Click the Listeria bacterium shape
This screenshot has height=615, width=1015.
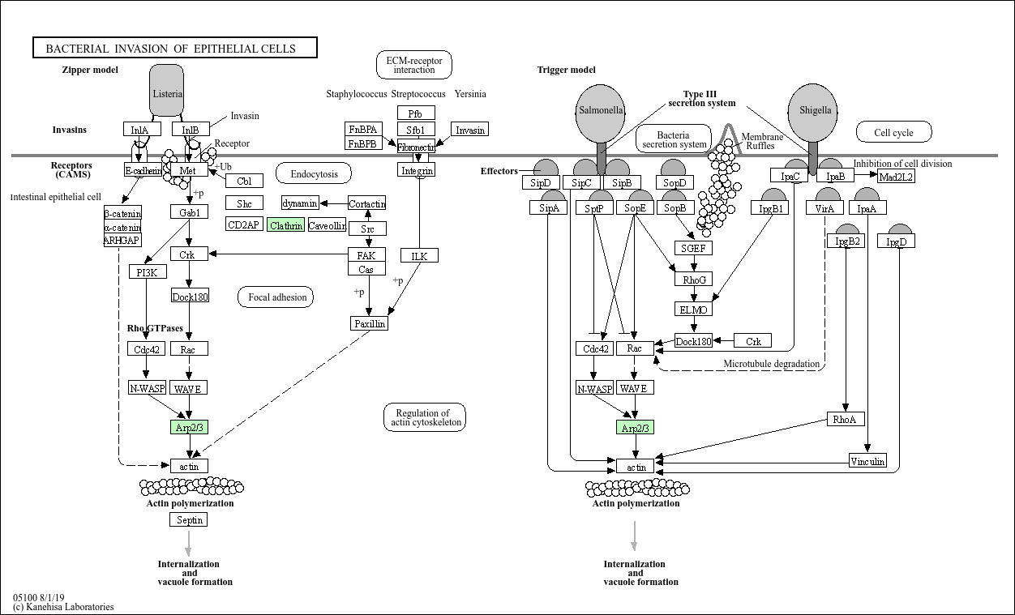(167, 92)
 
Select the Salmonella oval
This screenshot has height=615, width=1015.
(601, 110)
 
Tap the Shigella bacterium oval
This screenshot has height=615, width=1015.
(813, 110)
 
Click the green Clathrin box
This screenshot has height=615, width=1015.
(286, 225)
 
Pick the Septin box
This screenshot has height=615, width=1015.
(190, 519)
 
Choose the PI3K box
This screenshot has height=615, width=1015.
(147, 271)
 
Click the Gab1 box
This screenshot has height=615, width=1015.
(190, 211)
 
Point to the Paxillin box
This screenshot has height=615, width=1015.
(369, 323)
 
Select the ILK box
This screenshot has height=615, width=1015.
(419, 256)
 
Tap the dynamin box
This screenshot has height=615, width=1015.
(300, 203)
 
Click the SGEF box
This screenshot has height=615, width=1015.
(693, 248)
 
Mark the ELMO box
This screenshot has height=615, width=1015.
(693, 310)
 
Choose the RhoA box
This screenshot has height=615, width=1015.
(845, 419)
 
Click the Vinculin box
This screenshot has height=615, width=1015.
(867, 462)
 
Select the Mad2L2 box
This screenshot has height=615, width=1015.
(897, 176)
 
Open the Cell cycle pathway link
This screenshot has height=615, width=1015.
(893, 132)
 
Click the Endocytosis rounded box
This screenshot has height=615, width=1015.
(314, 173)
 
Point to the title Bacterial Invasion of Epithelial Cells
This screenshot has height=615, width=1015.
(174, 49)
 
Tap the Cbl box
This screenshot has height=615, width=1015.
(244, 181)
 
